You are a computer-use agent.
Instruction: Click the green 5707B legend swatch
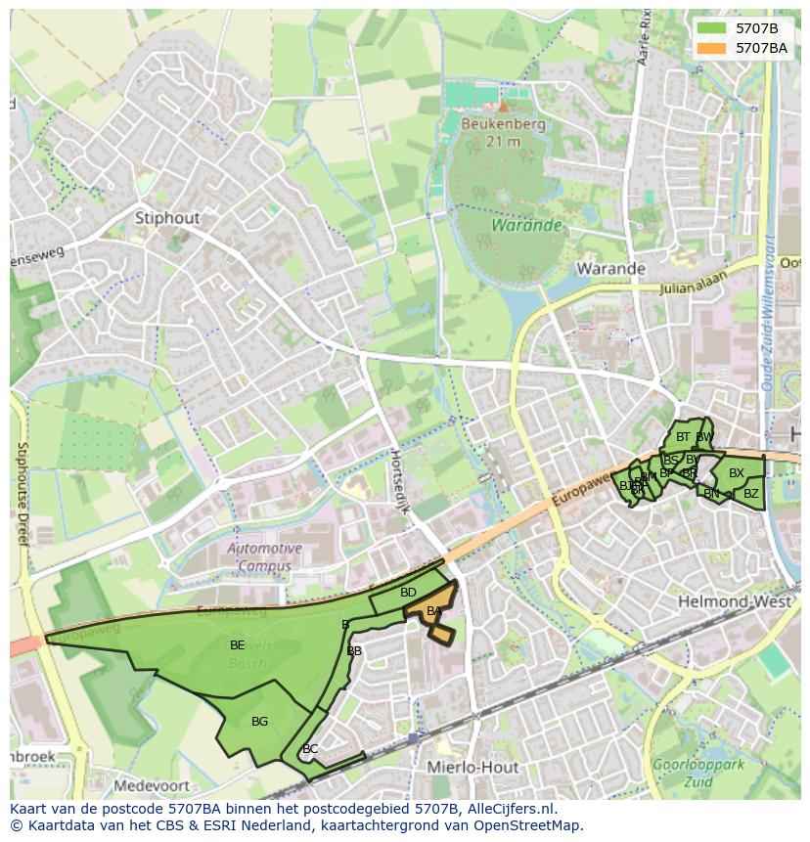point(711,28)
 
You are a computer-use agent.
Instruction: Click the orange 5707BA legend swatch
point(711,48)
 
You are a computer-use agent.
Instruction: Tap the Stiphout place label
point(166,217)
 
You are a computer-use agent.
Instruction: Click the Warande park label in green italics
point(526,226)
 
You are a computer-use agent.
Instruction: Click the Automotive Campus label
point(264,557)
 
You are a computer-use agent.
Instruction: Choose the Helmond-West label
point(734,601)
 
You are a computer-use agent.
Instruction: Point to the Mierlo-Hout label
point(472,768)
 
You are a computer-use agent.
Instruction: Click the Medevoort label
point(150,785)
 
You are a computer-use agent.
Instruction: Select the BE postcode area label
point(237,645)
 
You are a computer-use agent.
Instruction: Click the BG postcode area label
point(259,722)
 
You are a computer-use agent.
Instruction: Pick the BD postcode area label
point(408,593)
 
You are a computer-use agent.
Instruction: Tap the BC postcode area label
point(310,749)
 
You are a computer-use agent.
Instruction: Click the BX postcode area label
point(737,473)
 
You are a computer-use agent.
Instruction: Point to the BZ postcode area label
point(750,494)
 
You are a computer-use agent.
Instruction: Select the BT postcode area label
point(683,437)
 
